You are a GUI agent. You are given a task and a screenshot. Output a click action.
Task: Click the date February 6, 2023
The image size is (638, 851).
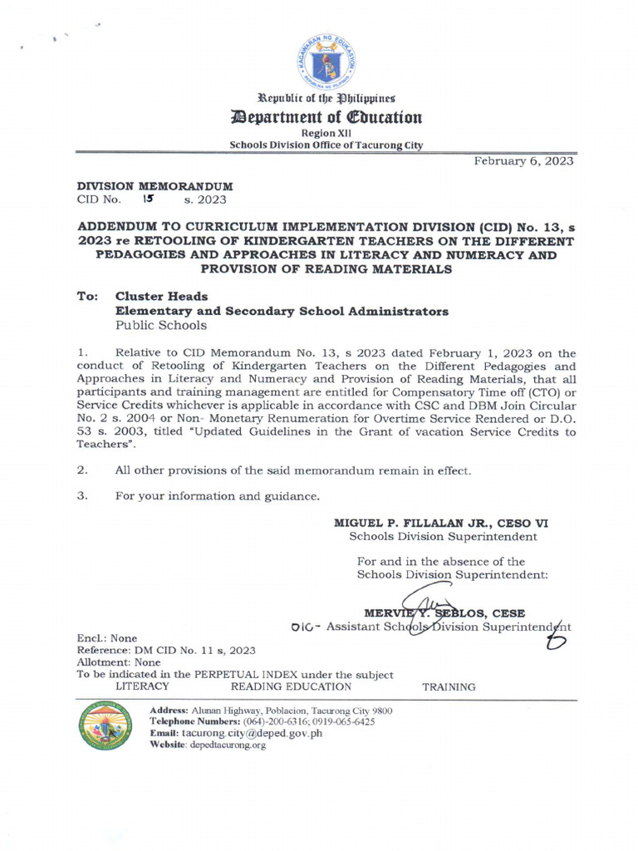click(x=523, y=161)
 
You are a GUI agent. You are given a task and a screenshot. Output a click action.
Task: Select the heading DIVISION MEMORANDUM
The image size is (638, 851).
click(x=155, y=186)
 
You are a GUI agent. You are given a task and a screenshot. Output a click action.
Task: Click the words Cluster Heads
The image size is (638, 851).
click(x=161, y=296)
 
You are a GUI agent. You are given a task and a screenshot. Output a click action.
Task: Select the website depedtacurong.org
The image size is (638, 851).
click(x=224, y=745)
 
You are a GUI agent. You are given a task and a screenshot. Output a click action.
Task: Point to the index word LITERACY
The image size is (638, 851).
click(x=142, y=686)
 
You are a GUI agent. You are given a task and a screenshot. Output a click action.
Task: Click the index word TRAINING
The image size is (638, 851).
click(x=449, y=687)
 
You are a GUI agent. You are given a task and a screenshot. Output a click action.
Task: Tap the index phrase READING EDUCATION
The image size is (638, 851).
click(x=291, y=686)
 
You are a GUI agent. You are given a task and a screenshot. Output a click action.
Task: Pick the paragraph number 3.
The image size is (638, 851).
click(x=81, y=496)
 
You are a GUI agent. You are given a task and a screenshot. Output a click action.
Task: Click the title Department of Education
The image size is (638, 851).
click(x=326, y=117)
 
